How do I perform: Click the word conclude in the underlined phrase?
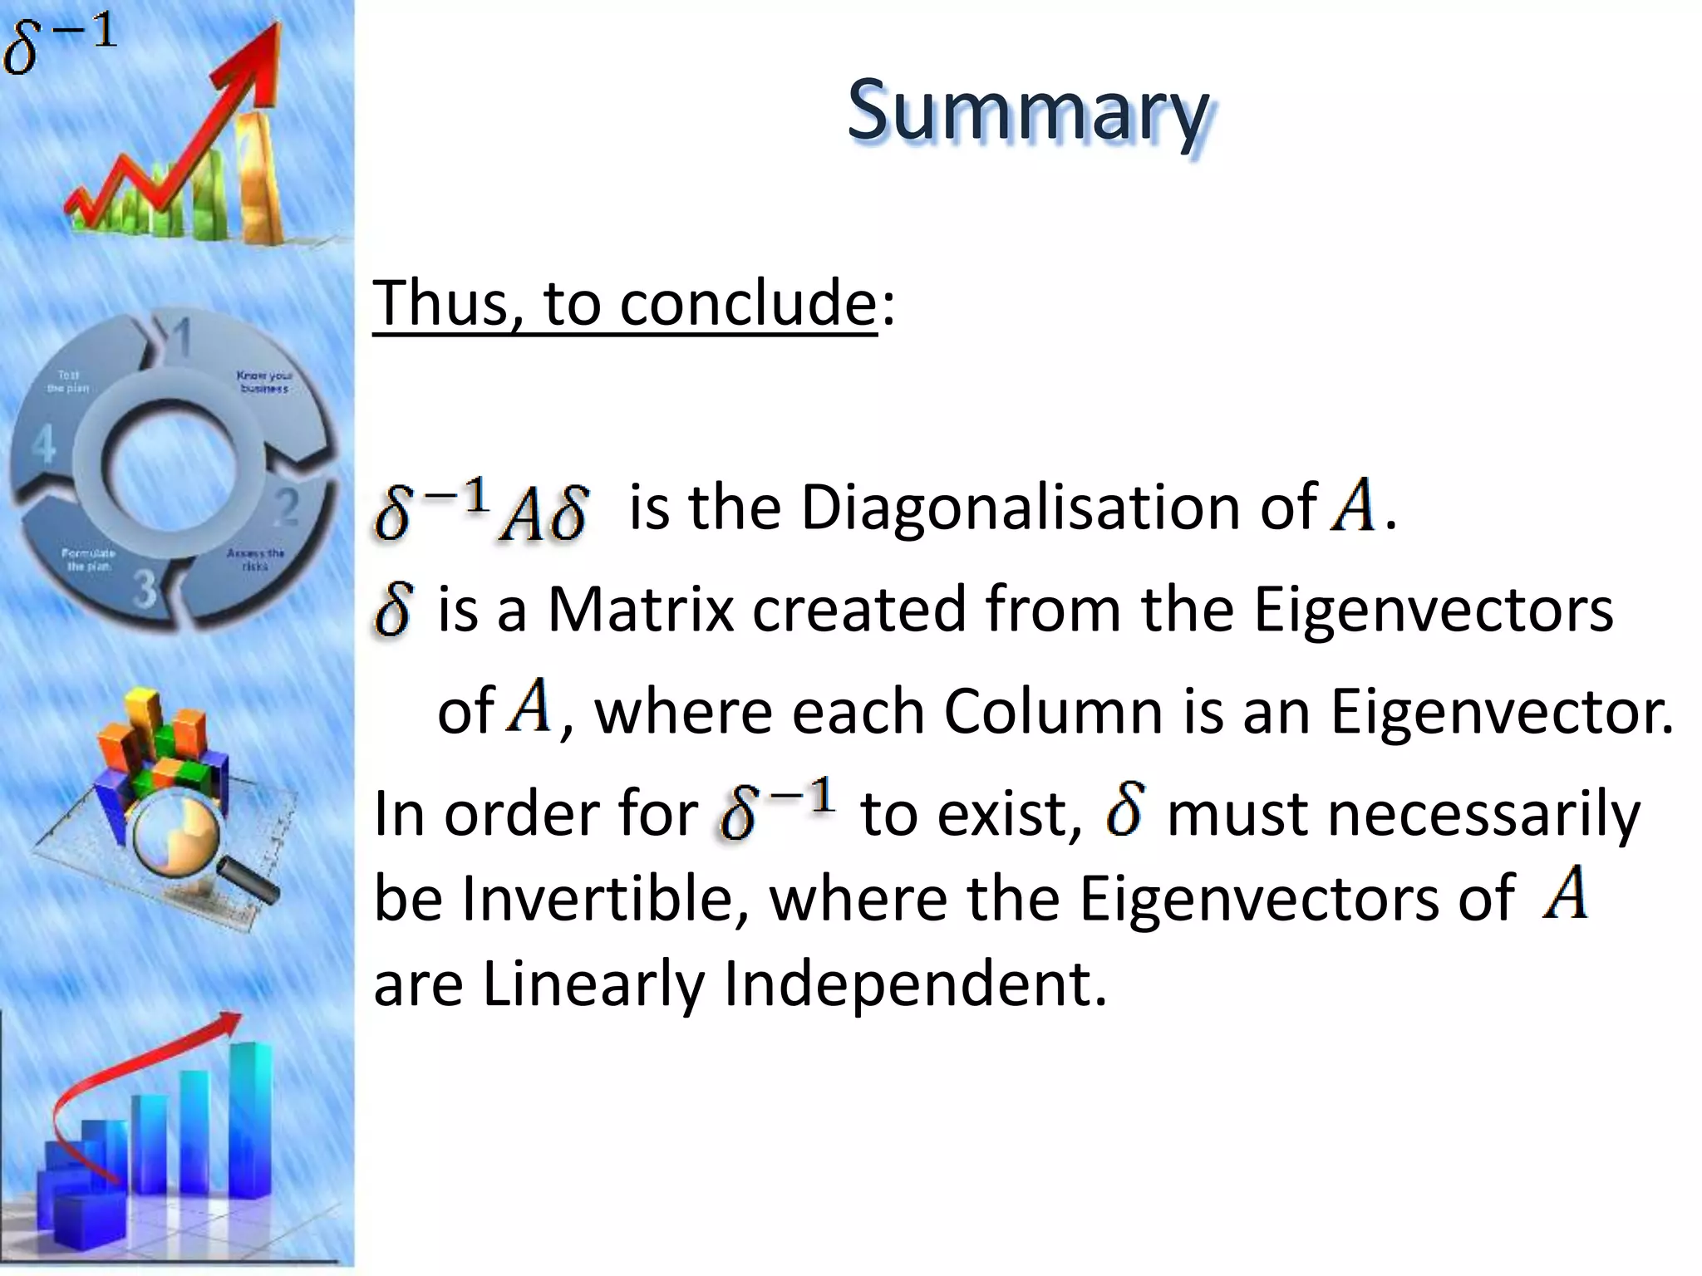click(x=748, y=303)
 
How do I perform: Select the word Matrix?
click(x=640, y=609)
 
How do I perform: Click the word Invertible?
click(x=603, y=899)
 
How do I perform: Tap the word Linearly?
click(x=593, y=985)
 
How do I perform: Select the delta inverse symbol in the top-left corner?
click(x=58, y=46)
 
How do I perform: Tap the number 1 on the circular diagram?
click(x=180, y=337)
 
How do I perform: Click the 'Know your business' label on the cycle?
click(x=264, y=381)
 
